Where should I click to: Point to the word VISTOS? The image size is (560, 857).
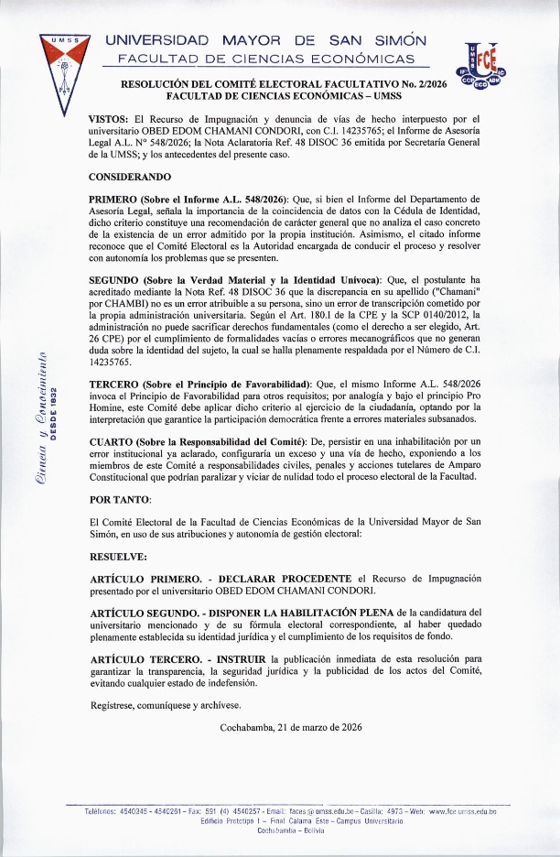[107, 120]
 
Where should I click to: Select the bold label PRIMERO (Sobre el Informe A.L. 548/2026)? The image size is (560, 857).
[188, 199]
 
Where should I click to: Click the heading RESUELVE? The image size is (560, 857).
[119, 556]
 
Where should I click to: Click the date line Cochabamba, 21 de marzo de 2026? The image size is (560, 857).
[291, 728]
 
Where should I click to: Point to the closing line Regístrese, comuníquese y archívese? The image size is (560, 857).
[166, 705]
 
